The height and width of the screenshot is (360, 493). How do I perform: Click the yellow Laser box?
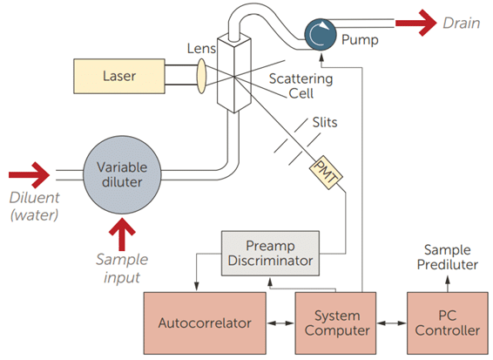point(119,76)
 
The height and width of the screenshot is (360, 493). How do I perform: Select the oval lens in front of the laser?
point(201,76)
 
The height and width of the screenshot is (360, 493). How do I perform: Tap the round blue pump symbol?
point(320,35)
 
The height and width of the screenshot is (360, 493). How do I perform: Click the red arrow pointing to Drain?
point(416,23)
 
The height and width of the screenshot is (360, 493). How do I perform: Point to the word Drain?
point(462,24)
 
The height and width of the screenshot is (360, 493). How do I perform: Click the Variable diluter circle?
point(122,175)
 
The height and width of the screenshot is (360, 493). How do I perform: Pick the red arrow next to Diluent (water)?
point(30,175)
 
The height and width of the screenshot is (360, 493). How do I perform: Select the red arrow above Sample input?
point(122,235)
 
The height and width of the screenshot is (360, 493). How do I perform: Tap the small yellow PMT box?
point(326,173)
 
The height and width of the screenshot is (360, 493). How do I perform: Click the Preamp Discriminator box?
point(270,254)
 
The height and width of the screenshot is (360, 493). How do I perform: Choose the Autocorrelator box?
point(205,323)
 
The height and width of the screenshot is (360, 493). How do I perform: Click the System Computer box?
point(336,323)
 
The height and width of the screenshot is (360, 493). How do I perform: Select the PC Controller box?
point(448,323)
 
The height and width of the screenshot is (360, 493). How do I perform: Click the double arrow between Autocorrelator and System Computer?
point(280,323)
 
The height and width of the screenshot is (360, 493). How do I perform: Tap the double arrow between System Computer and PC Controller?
point(392,323)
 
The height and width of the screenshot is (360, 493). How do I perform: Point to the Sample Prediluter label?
point(448,257)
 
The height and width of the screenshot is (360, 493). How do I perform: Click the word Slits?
point(325,122)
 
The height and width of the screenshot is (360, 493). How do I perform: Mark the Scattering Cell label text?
point(301,86)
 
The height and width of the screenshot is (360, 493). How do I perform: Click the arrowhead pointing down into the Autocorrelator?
point(197,287)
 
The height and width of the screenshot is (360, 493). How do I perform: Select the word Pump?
point(360,40)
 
